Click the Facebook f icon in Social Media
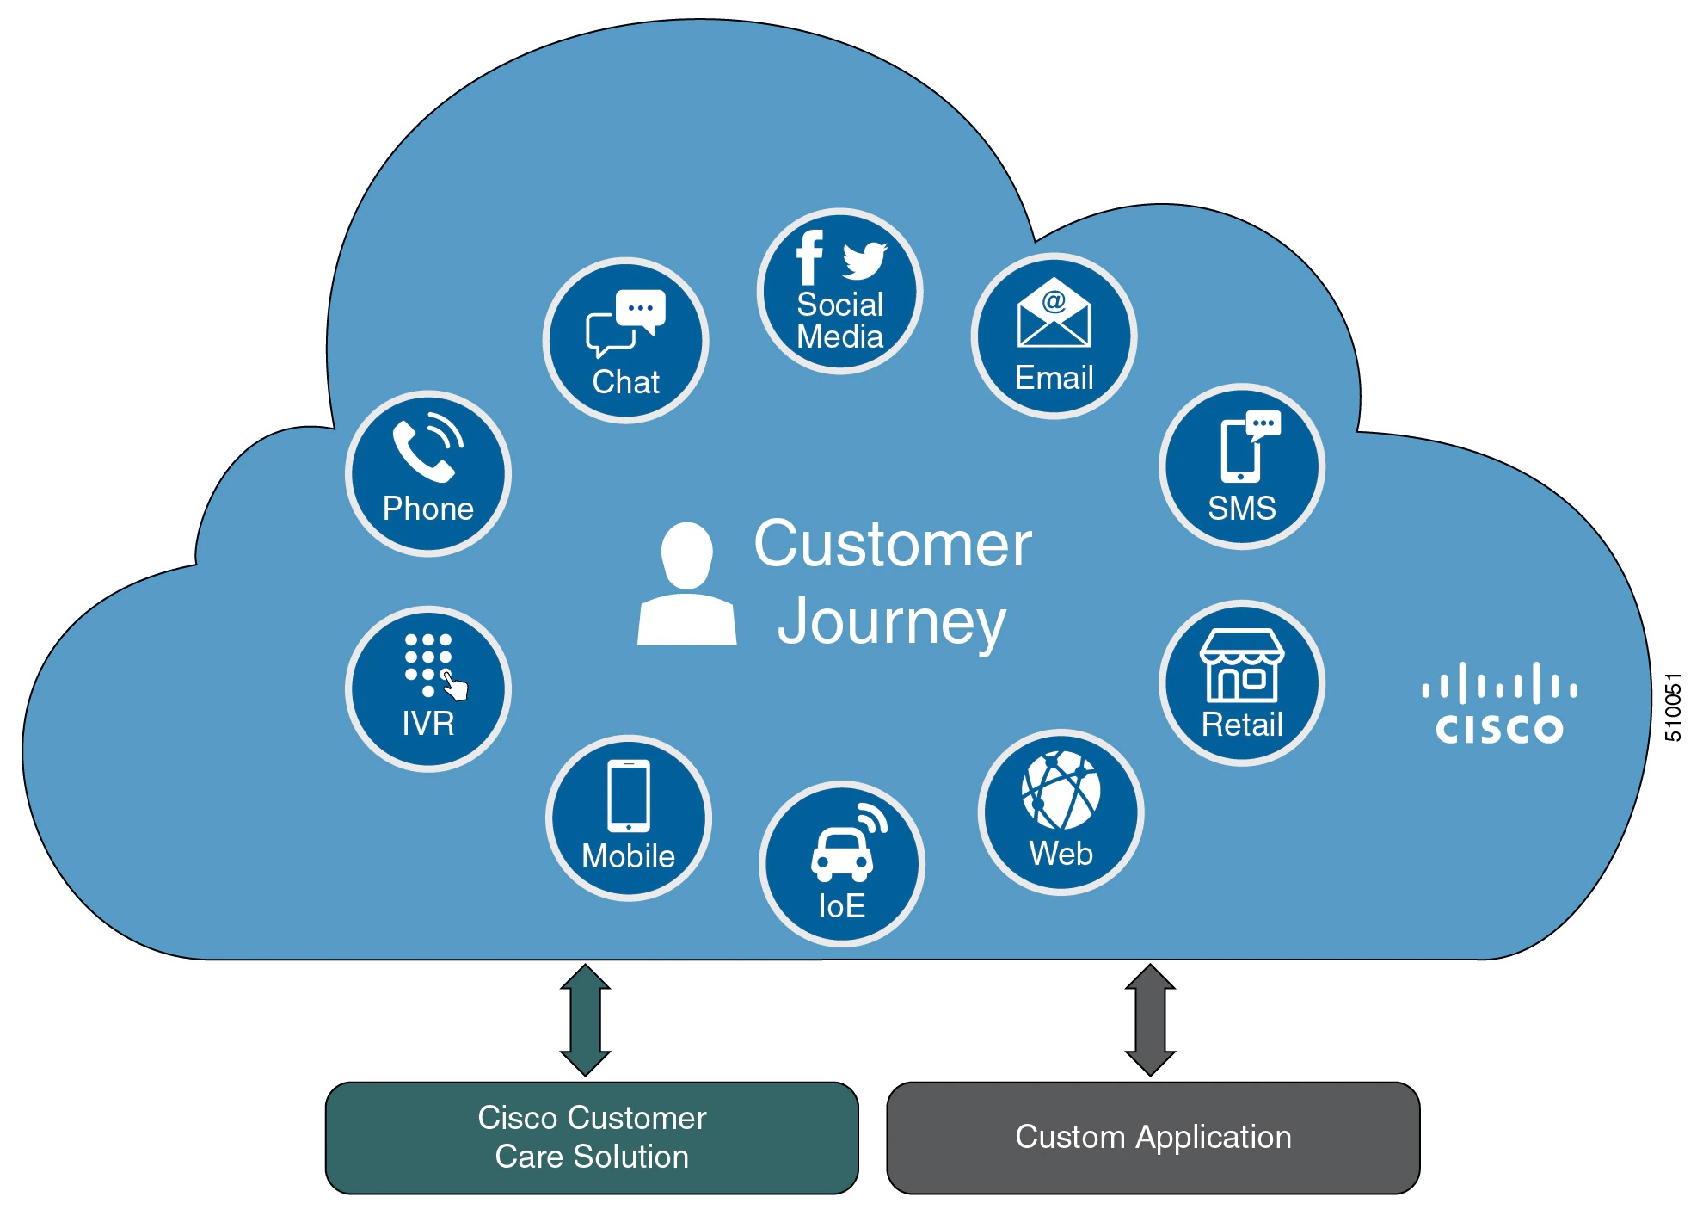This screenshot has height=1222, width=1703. click(x=809, y=257)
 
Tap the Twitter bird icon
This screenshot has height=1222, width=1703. click(x=864, y=260)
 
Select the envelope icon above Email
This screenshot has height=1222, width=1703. click(x=1054, y=313)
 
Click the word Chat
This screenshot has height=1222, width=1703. click(x=625, y=382)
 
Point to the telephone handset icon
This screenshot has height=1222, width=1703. click(x=427, y=448)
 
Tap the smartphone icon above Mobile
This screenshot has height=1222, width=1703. click(x=629, y=796)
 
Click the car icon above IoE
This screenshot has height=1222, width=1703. click(x=843, y=852)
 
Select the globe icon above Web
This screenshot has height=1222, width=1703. click(x=1061, y=789)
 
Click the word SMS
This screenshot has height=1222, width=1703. click(x=1242, y=509)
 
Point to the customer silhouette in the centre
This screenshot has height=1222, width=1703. click(x=686, y=584)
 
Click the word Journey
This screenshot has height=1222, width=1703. click(x=891, y=622)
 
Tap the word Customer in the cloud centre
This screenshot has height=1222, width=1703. click(x=893, y=545)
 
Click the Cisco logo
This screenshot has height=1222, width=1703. click(x=1499, y=703)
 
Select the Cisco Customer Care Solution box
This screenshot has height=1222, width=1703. click(x=592, y=1138)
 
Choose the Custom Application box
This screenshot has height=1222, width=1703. click(x=1153, y=1138)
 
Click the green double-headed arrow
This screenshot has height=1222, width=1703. click(x=585, y=1020)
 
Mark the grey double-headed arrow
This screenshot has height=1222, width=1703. click(x=1150, y=1020)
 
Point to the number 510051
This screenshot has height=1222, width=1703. click(x=1673, y=707)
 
